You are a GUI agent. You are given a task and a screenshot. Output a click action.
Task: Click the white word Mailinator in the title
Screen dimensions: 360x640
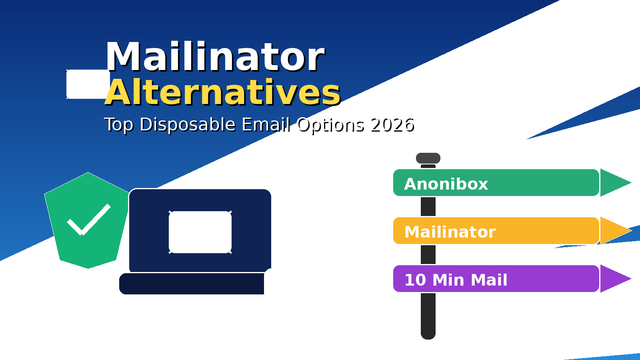point(215,57)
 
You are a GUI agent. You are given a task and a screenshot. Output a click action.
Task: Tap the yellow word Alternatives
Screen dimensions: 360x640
point(222,93)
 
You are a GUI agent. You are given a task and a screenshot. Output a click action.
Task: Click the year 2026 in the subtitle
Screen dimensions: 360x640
point(392,125)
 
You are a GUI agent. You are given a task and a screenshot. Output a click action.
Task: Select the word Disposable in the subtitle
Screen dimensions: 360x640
point(187,125)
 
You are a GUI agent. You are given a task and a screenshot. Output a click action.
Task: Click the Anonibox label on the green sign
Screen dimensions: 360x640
point(446,184)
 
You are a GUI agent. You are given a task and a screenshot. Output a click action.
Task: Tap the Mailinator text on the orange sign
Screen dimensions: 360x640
point(450,232)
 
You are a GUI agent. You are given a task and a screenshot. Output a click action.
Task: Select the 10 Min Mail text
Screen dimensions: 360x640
point(456,280)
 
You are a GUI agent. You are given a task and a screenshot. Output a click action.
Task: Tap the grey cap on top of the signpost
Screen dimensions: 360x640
point(428,158)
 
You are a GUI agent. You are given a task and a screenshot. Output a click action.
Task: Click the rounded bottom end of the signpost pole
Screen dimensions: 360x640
point(428,334)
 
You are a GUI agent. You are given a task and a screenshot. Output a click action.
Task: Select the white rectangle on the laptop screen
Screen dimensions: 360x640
point(200,232)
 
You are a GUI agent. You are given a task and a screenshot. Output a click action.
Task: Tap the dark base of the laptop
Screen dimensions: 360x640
point(192,284)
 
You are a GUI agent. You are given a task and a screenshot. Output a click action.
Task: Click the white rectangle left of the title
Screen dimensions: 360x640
point(87,84)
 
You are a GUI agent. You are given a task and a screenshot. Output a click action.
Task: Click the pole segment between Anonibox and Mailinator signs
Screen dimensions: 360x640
point(428,206)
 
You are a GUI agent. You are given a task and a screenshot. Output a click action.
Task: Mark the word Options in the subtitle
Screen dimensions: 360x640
point(330,125)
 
